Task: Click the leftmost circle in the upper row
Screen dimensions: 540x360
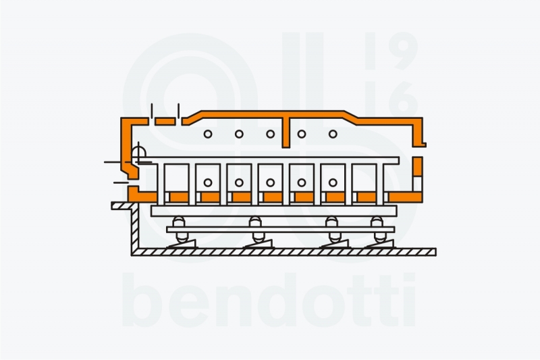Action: pyautogui.click(x=208, y=134)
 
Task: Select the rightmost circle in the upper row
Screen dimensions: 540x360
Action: pyautogui.click(x=333, y=134)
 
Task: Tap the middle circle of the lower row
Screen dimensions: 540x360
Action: pyautogui.click(x=271, y=182)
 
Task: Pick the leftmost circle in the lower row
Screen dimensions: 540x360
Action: pyautogui.click(x=208, y=182)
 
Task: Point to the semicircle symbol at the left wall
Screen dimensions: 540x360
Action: pyautogui.click(x=138, y=152)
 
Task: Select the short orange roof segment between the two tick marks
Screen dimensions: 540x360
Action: pyautogui.click(x=165, y=122)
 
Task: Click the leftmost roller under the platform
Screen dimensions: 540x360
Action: pyautogui.click(x=180, y=230)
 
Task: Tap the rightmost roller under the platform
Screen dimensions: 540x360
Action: pyautogui.click(x=378, y=230)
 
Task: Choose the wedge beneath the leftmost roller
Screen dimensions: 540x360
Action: pyautogui.click(x=182, y=244)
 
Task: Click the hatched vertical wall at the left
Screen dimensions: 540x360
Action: pyautogui.click(x=134, y=228)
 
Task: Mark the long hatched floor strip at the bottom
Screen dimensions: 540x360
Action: pyautogui.click(x=283, y=252)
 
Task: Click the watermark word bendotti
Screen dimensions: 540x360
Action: pyautogui.click(x=269, y=300)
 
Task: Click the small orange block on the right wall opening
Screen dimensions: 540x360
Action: pyautogui.click(x=418, y=166)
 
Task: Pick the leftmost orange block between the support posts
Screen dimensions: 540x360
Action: pyautogui.click(x=179, y=197)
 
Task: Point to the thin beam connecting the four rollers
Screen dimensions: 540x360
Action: pyautogui.click(x=281, y=230)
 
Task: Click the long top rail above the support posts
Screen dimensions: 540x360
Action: pyautogui.click(x=269, y=160)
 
